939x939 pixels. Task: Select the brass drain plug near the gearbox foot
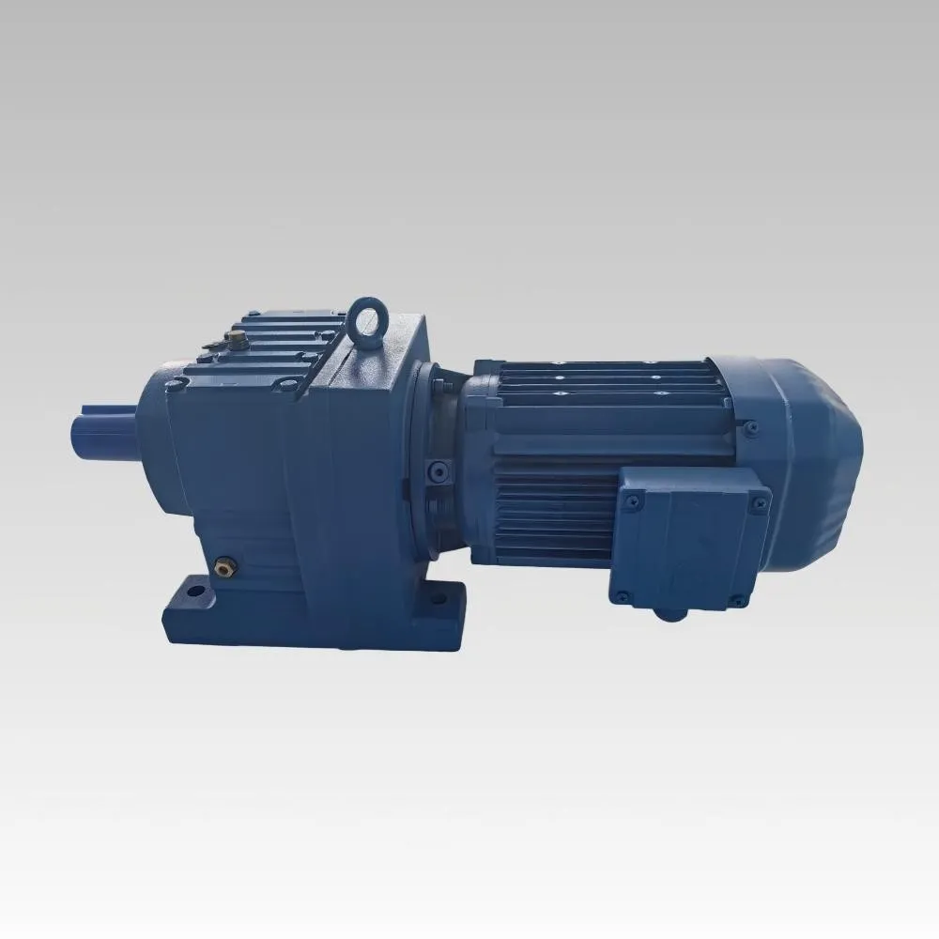coord(223,565)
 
